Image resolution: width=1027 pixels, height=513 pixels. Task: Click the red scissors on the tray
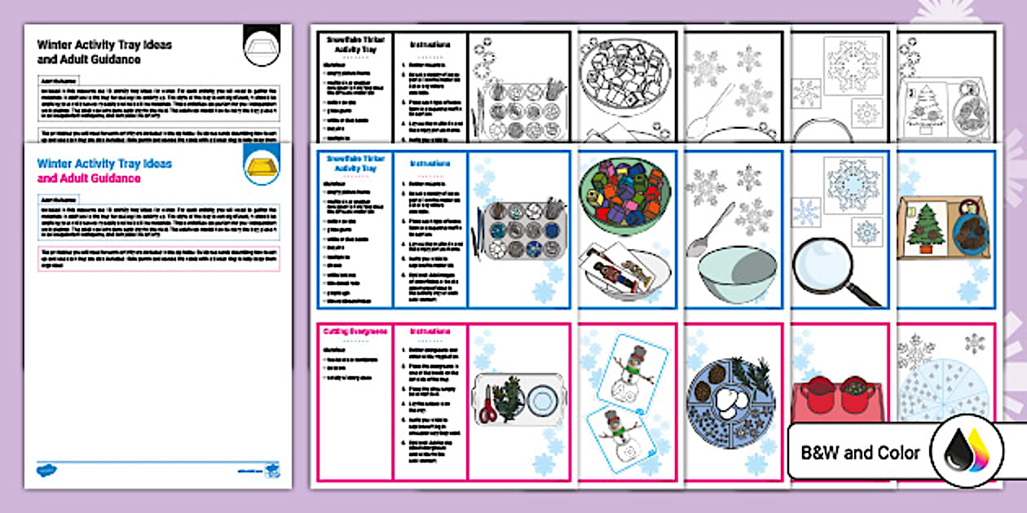pos(488,406)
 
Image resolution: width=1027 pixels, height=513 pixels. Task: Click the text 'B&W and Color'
pos(861,453)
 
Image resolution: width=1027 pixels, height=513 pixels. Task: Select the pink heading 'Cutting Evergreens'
pos(355,331)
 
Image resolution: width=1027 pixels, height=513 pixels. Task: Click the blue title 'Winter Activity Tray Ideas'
pos(104,163)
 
